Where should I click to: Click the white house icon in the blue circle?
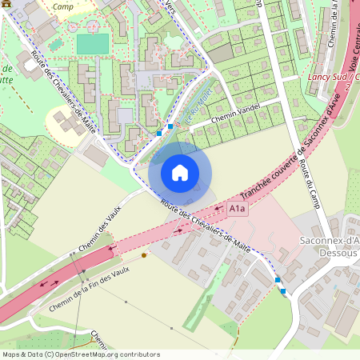click(x=180, y=173)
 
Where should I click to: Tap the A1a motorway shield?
click(x=238, y=209)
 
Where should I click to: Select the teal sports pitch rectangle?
click(x=92, y=44)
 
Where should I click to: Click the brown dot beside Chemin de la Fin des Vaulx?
click(x=144, y=255)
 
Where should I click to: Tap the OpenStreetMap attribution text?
click(x=81, y=354)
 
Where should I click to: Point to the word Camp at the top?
click(x=62, y=6)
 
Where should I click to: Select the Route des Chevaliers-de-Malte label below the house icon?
click(x=206, y=226)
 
